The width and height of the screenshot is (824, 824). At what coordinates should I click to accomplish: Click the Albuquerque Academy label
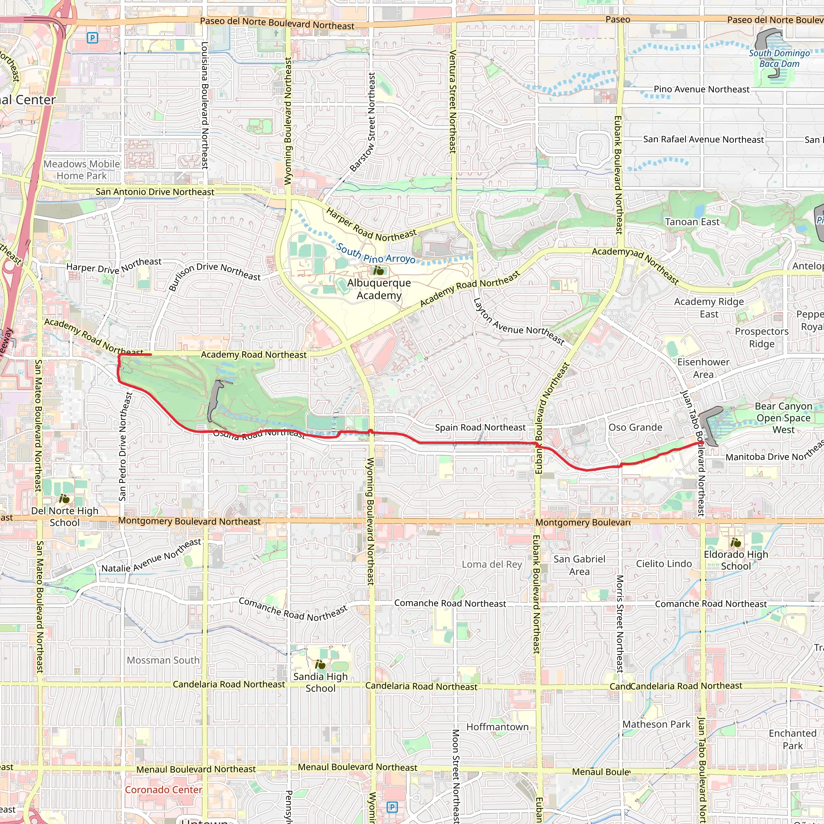click(379, 289)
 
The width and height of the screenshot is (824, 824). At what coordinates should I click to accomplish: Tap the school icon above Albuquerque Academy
click(378, 270)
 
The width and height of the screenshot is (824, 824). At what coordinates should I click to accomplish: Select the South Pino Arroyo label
click(375, 253)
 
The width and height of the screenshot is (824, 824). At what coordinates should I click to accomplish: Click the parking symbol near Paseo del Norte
click(92, 38)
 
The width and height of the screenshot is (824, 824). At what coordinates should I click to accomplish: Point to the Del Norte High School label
click(64, 517)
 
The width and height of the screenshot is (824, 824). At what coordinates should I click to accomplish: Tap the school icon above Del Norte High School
click(64, 498)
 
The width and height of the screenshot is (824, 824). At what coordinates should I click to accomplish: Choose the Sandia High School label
click(320, 682)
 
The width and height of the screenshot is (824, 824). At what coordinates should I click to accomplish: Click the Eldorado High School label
click(736, 560)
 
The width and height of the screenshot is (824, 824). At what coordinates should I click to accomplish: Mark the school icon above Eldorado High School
click(736, 542)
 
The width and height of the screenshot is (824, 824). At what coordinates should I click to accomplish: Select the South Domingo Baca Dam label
click(779, 58)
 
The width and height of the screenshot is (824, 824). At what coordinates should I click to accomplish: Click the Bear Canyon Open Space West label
click(783, 418)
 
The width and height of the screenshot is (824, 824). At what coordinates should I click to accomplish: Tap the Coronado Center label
click(163, 789)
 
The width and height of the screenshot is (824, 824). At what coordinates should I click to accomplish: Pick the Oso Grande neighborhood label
click(635, 427)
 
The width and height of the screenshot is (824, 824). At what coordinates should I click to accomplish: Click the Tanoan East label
click(692, 222)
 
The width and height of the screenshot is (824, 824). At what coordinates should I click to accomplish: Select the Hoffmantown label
click(497, 727)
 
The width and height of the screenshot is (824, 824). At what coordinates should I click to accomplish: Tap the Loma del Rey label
click(492, 564)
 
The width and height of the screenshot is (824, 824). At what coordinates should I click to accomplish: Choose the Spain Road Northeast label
click(480, 427)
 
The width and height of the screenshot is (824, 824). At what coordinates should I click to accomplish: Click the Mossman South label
click(163, 660)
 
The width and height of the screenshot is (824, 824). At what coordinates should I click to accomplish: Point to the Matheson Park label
click(656, 724)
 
